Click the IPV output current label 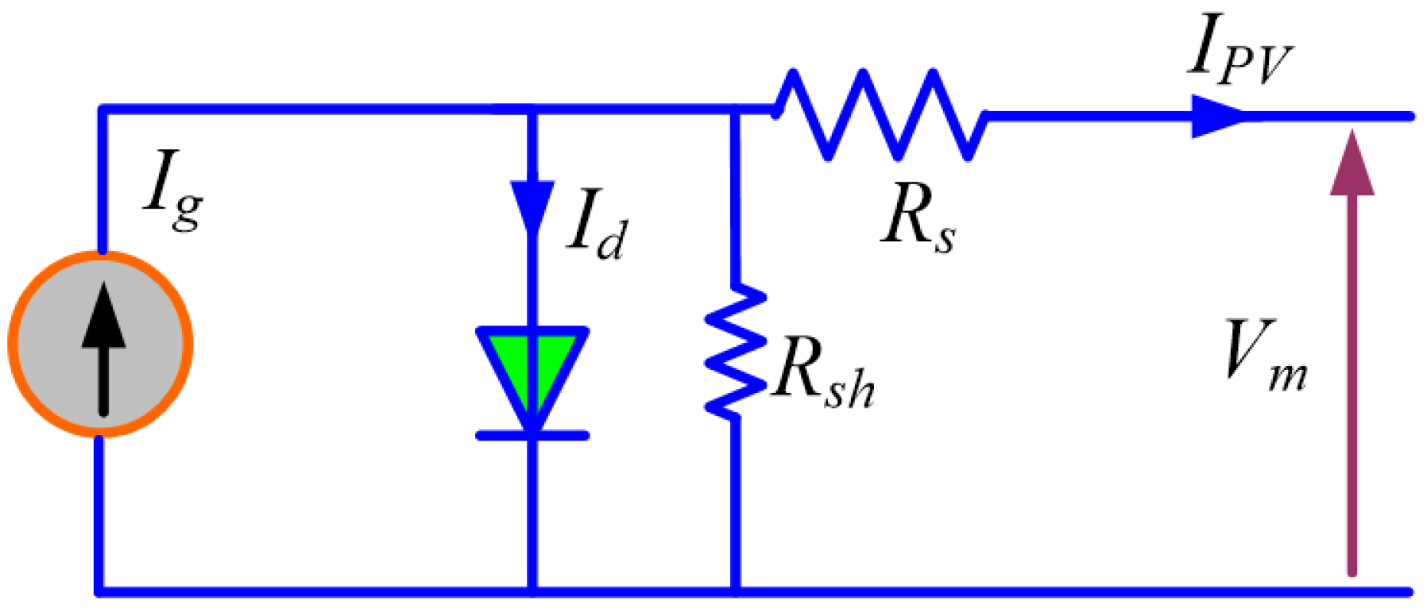(1239, 49)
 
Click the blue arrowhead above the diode (532, 205)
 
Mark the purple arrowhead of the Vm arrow (1352, 163)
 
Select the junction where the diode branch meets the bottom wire (532, 591)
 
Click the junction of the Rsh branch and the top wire (736, 111)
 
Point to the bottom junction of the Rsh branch (736, 591)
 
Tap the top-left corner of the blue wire (101, 110)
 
